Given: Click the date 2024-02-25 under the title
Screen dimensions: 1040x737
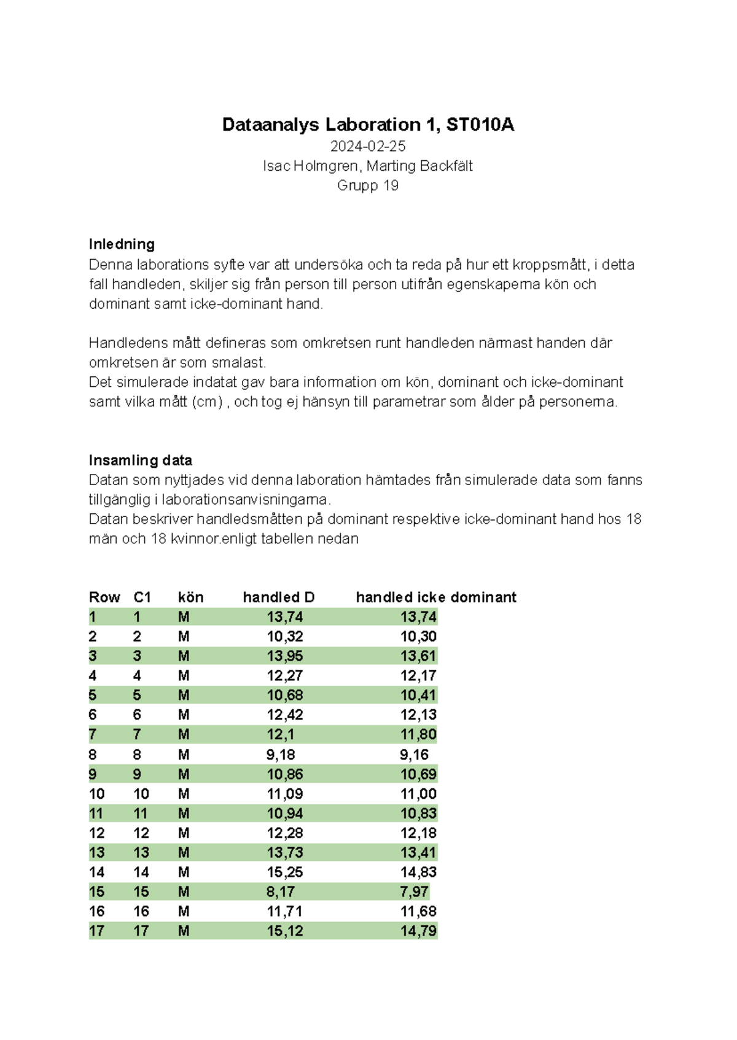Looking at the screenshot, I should [x=367, y=146].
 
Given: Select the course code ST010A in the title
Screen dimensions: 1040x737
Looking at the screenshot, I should [x=480, y=125].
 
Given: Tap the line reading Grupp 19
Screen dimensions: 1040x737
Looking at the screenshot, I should [x=367, y=185].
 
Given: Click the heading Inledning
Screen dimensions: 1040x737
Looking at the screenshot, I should [x=121, y=244].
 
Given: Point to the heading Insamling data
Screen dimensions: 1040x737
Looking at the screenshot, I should [x=140, y=460].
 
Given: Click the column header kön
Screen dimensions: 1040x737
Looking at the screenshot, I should [x=190, y=597].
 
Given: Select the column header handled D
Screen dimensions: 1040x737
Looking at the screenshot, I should [x=278, y=597].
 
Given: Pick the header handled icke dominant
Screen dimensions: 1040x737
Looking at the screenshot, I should [x=435, y=597].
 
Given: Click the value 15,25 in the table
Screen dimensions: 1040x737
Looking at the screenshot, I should [x=284, y=872].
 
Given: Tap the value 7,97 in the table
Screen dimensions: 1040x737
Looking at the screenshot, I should [x=414, y=892].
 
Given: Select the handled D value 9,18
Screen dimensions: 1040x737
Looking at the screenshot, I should [x=280, y=755].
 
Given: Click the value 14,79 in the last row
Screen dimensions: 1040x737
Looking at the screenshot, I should [x=418, y=931].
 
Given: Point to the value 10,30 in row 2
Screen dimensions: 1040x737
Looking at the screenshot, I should [x=418, y=637].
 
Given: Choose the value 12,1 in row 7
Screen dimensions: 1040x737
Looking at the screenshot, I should [x=280, y=735].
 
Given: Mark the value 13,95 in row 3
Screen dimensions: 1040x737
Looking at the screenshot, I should [x=284, y=656].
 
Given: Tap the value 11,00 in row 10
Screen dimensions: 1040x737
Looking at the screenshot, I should [x=418, y=794].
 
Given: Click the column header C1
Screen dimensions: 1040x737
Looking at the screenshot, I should [x=142, y=597].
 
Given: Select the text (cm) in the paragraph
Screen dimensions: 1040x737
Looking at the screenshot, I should [x=207, y=402].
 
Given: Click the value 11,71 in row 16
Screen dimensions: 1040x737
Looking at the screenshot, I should [x=284, y=912].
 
